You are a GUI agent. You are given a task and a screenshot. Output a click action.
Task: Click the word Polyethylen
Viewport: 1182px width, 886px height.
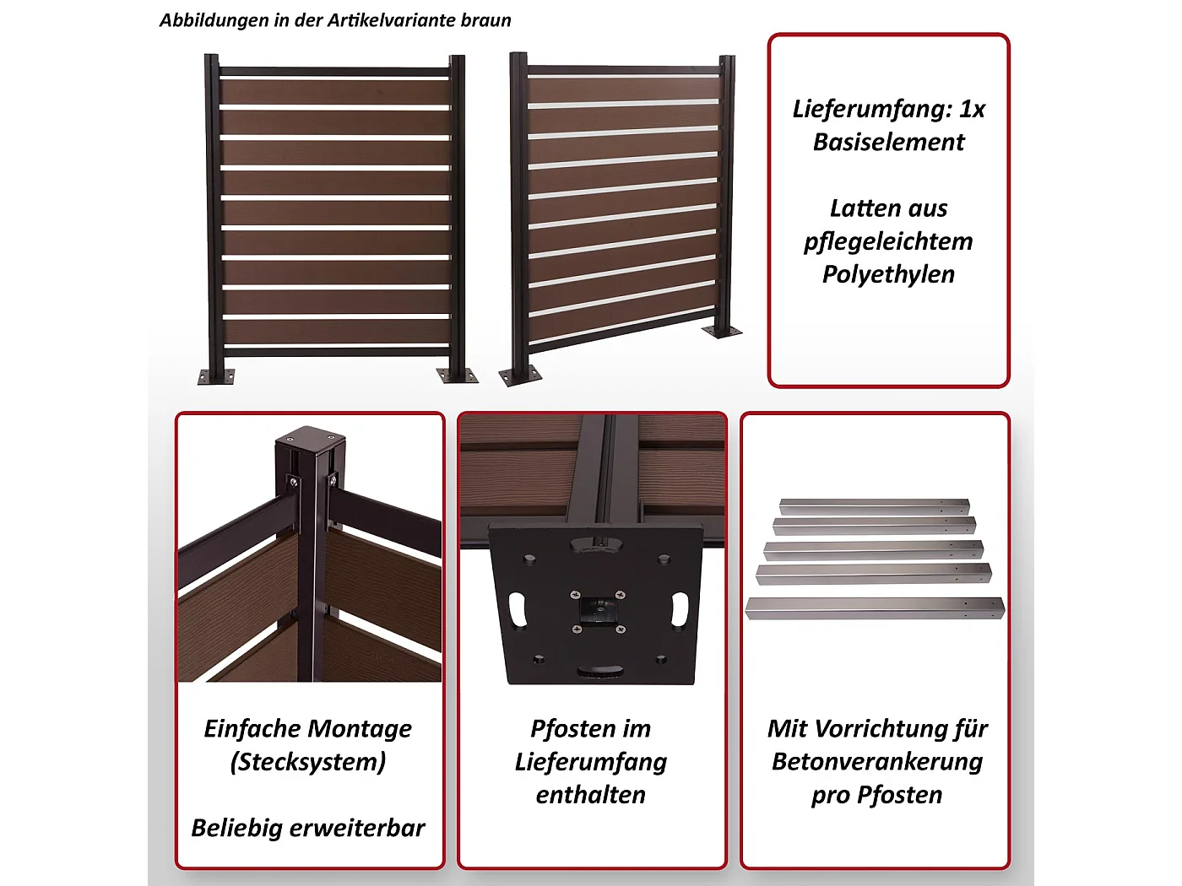click(x=888, y=274)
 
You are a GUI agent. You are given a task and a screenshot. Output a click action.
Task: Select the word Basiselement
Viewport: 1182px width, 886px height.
click(x=888, y=142)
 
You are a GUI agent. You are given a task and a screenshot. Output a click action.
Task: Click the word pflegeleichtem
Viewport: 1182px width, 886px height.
click(x=888, y=241)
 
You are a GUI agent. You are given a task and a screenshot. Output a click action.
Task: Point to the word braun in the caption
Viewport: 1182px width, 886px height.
click(x=485, y=20)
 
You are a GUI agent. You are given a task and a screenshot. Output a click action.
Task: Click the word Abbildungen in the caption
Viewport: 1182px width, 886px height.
click(x=214, y=20)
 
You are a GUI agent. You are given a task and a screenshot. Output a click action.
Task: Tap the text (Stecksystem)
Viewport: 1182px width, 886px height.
click(x=308, y=762)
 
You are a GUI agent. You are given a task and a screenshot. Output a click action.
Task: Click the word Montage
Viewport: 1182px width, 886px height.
click(x=360, y=728)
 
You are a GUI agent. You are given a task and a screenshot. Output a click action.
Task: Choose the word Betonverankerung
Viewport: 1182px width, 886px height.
click(x=877, y=762)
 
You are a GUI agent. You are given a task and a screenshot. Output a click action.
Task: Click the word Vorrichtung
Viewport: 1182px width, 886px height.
click(x=877, y=728)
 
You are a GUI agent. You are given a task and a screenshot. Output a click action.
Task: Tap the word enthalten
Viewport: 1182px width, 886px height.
click(x=591, y=795)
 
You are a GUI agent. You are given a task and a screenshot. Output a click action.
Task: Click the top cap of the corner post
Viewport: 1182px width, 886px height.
click(x=311, y=440)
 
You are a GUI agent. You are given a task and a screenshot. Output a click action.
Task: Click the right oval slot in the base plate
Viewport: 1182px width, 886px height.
click(x=680, y=609)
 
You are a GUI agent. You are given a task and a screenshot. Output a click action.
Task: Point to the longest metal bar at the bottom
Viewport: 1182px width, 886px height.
click(x=875, y=608)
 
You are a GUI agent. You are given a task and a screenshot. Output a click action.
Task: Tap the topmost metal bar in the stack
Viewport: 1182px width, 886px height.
click(x=873, y=506)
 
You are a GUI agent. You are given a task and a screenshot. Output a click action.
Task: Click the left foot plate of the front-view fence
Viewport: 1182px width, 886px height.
click(x=214, y=376)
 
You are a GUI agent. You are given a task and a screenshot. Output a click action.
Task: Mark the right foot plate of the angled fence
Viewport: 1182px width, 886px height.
click(x=723, y=332)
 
